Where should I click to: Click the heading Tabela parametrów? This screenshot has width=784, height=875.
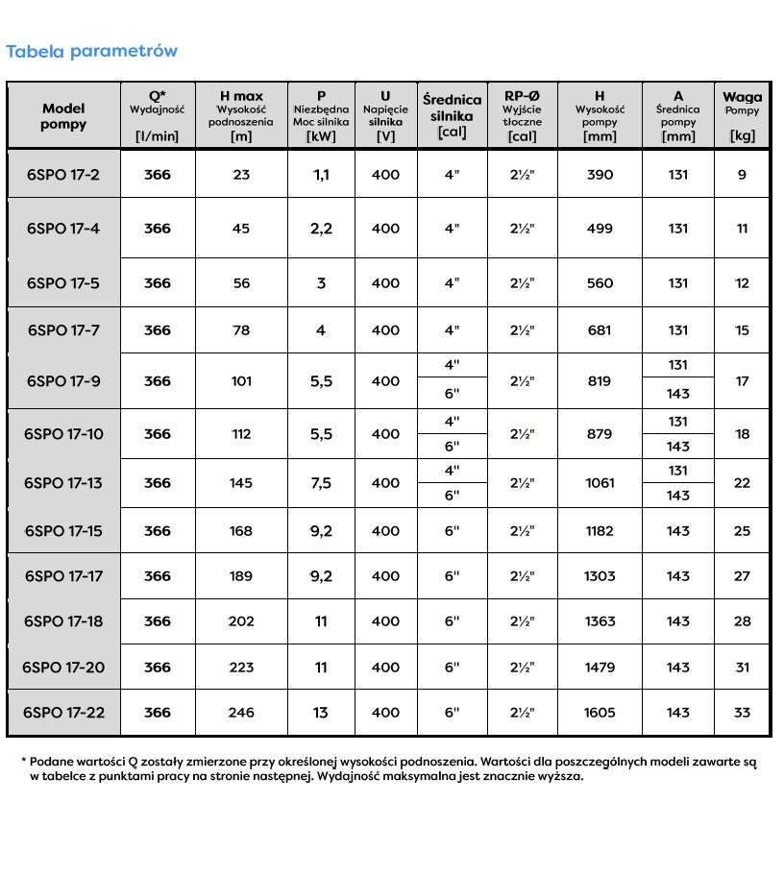coord(91,51)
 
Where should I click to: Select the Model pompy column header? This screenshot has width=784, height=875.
coord(64,116)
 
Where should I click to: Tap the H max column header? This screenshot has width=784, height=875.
coord(241,115)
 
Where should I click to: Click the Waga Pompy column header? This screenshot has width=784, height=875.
coord(742,115)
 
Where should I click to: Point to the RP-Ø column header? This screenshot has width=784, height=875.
coord(523,115)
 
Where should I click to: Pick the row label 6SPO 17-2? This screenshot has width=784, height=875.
coord(63,175)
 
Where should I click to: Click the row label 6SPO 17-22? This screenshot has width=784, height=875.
coord(63,713)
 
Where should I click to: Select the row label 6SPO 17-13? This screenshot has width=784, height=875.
coord(63,483)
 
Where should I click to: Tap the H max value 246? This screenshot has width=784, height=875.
coord(240,713)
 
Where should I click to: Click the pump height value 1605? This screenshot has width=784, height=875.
coord(600,713)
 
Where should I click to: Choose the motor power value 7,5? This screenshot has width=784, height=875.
coord(321,483)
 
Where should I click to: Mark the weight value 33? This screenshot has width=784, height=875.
coord(742,713)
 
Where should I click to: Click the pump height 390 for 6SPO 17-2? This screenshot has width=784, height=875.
coord(600,175)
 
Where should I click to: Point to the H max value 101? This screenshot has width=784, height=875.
coord(240,381)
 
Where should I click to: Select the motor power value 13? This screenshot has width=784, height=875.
coord(321,713)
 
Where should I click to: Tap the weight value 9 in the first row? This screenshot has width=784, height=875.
coord(742,175)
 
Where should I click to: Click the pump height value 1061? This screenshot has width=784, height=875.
coord(600,483)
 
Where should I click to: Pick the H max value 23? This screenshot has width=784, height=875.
coord(240,175)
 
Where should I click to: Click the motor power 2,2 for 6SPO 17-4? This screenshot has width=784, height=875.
coord(321,229)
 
